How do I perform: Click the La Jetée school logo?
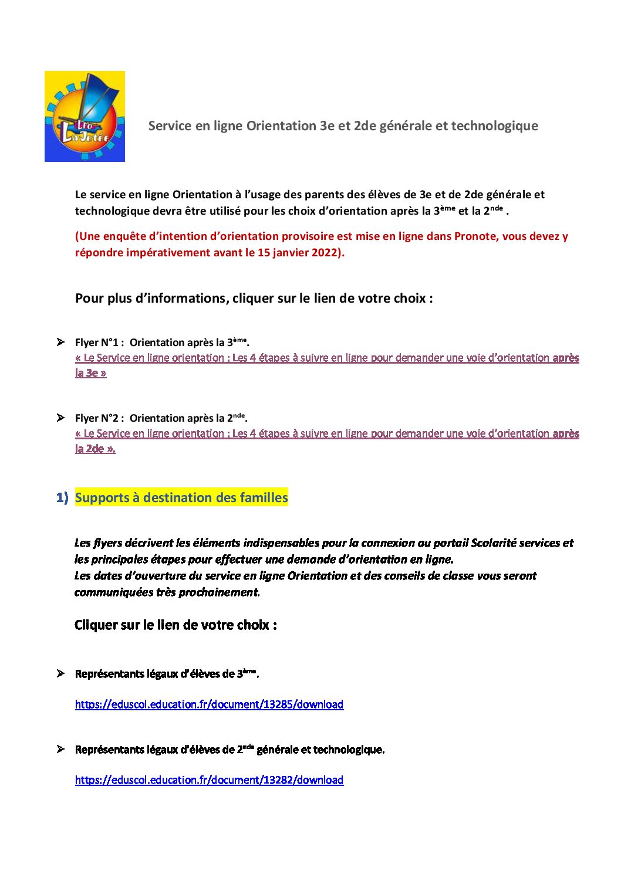click(85, 116)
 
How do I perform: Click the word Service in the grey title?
click(170, 126)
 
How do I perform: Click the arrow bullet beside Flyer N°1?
click(60, 342)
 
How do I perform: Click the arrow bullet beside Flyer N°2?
click(60, 418)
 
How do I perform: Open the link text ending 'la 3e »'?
click(91, 373)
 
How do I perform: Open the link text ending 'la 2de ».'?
click(95, 449)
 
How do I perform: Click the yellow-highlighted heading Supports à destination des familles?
click(181, 497)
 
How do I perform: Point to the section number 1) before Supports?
click(62, 497)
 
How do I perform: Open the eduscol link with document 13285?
click(209, 704)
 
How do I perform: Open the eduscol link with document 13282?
click(209, 780)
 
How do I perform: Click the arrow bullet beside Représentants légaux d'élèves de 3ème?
click(60, 673)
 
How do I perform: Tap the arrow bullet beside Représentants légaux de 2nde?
click(60, 749)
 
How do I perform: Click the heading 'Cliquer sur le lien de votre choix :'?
click(176, 625)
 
